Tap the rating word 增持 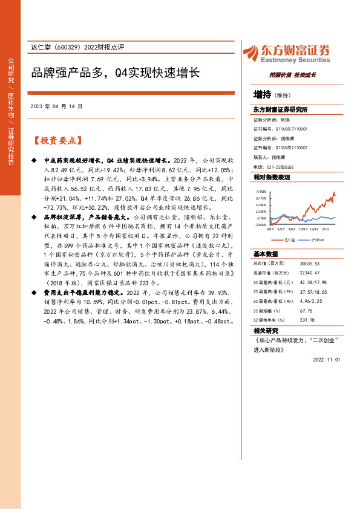(262, 94)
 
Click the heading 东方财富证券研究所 (280, 110)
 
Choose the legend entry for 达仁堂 (288, 240)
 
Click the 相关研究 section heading (266, 330)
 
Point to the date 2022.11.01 (327, 358)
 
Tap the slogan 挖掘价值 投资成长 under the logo (292, 76)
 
